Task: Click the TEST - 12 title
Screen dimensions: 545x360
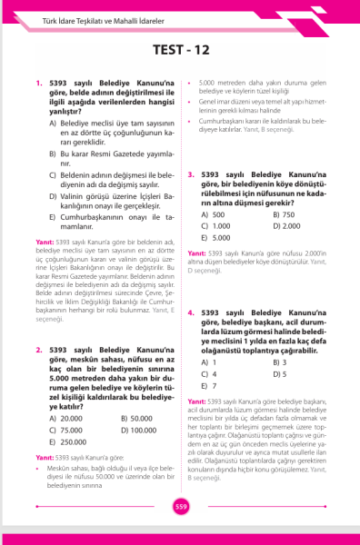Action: pyautogui.click(x=180, y=52)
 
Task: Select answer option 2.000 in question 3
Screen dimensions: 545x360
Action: pyautogui.click(x=293, y=225)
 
